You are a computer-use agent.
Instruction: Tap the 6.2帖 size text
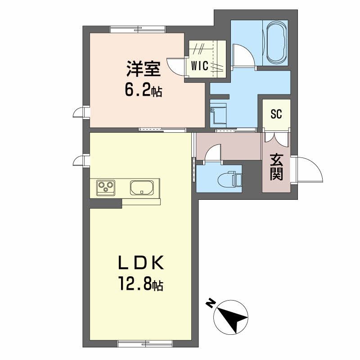click(x=144, y=90)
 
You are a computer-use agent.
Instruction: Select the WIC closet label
click(x=199, y=66)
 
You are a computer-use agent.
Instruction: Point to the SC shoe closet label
click(x=276, y=114)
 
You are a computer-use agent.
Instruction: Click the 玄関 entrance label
click(x=276, y=167)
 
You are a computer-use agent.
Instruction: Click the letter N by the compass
click(x=210, y=304)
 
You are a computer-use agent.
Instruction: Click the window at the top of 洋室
click(x=138, y=30)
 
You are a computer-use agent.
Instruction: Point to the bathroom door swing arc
click(x=243, y=55)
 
